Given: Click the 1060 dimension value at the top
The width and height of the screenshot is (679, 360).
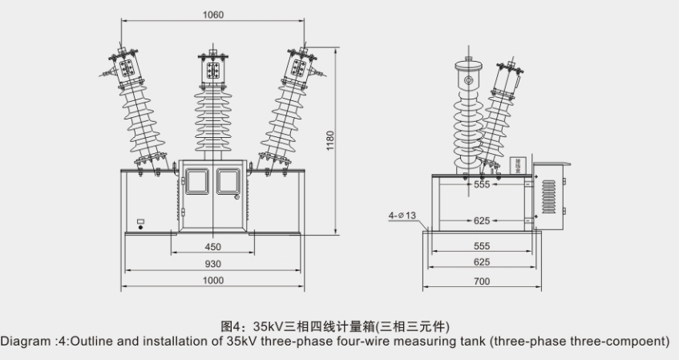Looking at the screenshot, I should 213,14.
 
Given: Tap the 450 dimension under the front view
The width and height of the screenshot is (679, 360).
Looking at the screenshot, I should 213,247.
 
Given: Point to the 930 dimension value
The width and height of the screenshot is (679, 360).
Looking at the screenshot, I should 213,264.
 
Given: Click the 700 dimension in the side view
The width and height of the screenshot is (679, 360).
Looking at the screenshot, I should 481,281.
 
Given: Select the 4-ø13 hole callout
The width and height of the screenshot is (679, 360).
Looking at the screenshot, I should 401,215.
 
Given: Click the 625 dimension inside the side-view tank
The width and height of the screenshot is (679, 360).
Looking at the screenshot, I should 481,220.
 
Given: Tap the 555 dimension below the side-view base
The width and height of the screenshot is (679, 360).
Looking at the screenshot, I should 481,247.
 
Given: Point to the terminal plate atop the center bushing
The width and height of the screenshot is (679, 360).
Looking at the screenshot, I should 213,69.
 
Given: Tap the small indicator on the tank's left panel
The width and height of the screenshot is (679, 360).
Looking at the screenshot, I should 141,223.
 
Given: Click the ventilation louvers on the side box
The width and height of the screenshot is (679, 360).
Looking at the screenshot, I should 548,196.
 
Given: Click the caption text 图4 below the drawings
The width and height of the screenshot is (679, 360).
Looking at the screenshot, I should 232,326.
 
